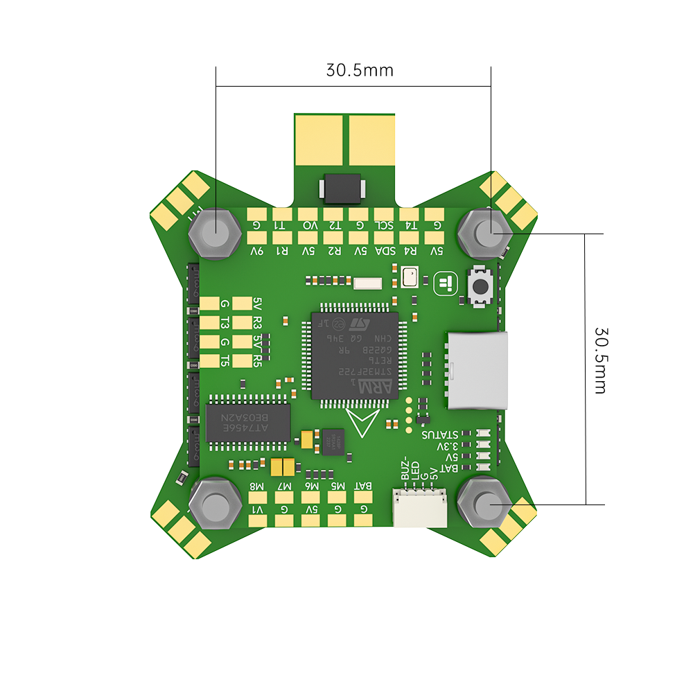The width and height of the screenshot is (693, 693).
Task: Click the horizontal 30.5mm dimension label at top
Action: pos(359,71)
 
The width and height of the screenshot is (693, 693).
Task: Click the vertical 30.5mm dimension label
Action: pos(600,360)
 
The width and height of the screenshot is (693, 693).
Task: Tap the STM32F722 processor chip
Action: pos(355,356)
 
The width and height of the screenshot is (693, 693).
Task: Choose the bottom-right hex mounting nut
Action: pos(488,503)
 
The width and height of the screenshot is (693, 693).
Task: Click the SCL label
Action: pos(384,225)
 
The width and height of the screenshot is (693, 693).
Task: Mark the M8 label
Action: pos(257,486)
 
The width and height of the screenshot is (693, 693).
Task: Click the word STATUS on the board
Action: pos(440,435)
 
